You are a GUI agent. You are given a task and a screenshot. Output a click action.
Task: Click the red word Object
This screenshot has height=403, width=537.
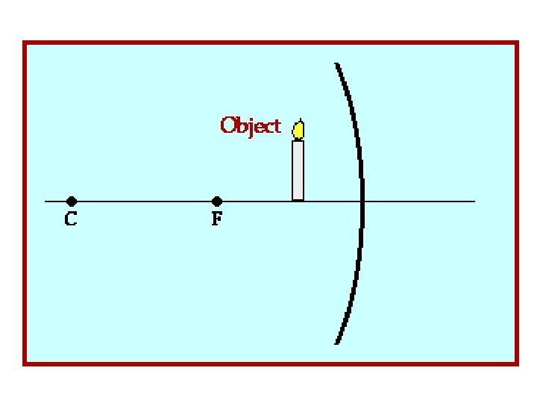coord(251,125)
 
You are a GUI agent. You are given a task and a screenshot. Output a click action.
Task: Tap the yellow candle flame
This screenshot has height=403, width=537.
coord(298,130)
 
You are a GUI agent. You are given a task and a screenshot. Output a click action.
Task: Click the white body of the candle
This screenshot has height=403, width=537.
coord(298,170)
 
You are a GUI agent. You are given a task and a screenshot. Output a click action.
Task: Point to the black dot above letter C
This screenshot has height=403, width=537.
coord(72,201)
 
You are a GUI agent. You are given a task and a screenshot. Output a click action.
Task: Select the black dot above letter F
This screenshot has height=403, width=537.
coord(217,201)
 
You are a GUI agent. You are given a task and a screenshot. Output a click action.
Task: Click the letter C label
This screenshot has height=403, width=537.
coord(71,220)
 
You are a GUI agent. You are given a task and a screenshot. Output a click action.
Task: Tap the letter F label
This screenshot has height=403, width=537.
coord(217,220)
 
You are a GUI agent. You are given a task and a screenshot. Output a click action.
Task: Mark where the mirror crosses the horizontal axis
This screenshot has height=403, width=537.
coord(363,201)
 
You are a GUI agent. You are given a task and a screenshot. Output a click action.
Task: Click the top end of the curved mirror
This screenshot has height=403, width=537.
coord(337,65)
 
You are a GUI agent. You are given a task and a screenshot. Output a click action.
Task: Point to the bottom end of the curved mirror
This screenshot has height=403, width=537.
coord(337,343)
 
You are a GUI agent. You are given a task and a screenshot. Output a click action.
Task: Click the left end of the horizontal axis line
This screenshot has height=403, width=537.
coord(46,201)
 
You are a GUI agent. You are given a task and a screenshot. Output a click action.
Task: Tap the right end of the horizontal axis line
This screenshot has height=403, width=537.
coord(474,201)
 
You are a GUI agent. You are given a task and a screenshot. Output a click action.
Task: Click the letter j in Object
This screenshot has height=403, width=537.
coord(250,127)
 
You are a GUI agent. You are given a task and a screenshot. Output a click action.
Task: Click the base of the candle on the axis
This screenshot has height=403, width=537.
coord(298,199)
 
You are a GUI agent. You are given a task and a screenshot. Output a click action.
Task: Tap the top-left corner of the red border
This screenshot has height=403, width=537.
coord(25,43)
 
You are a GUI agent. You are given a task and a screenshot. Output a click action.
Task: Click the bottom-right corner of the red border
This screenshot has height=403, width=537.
coord(516,363)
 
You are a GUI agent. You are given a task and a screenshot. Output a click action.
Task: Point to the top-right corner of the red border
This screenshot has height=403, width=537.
coord(516,43)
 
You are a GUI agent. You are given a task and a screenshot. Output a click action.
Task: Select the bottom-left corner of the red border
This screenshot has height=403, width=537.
coord(25,363)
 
